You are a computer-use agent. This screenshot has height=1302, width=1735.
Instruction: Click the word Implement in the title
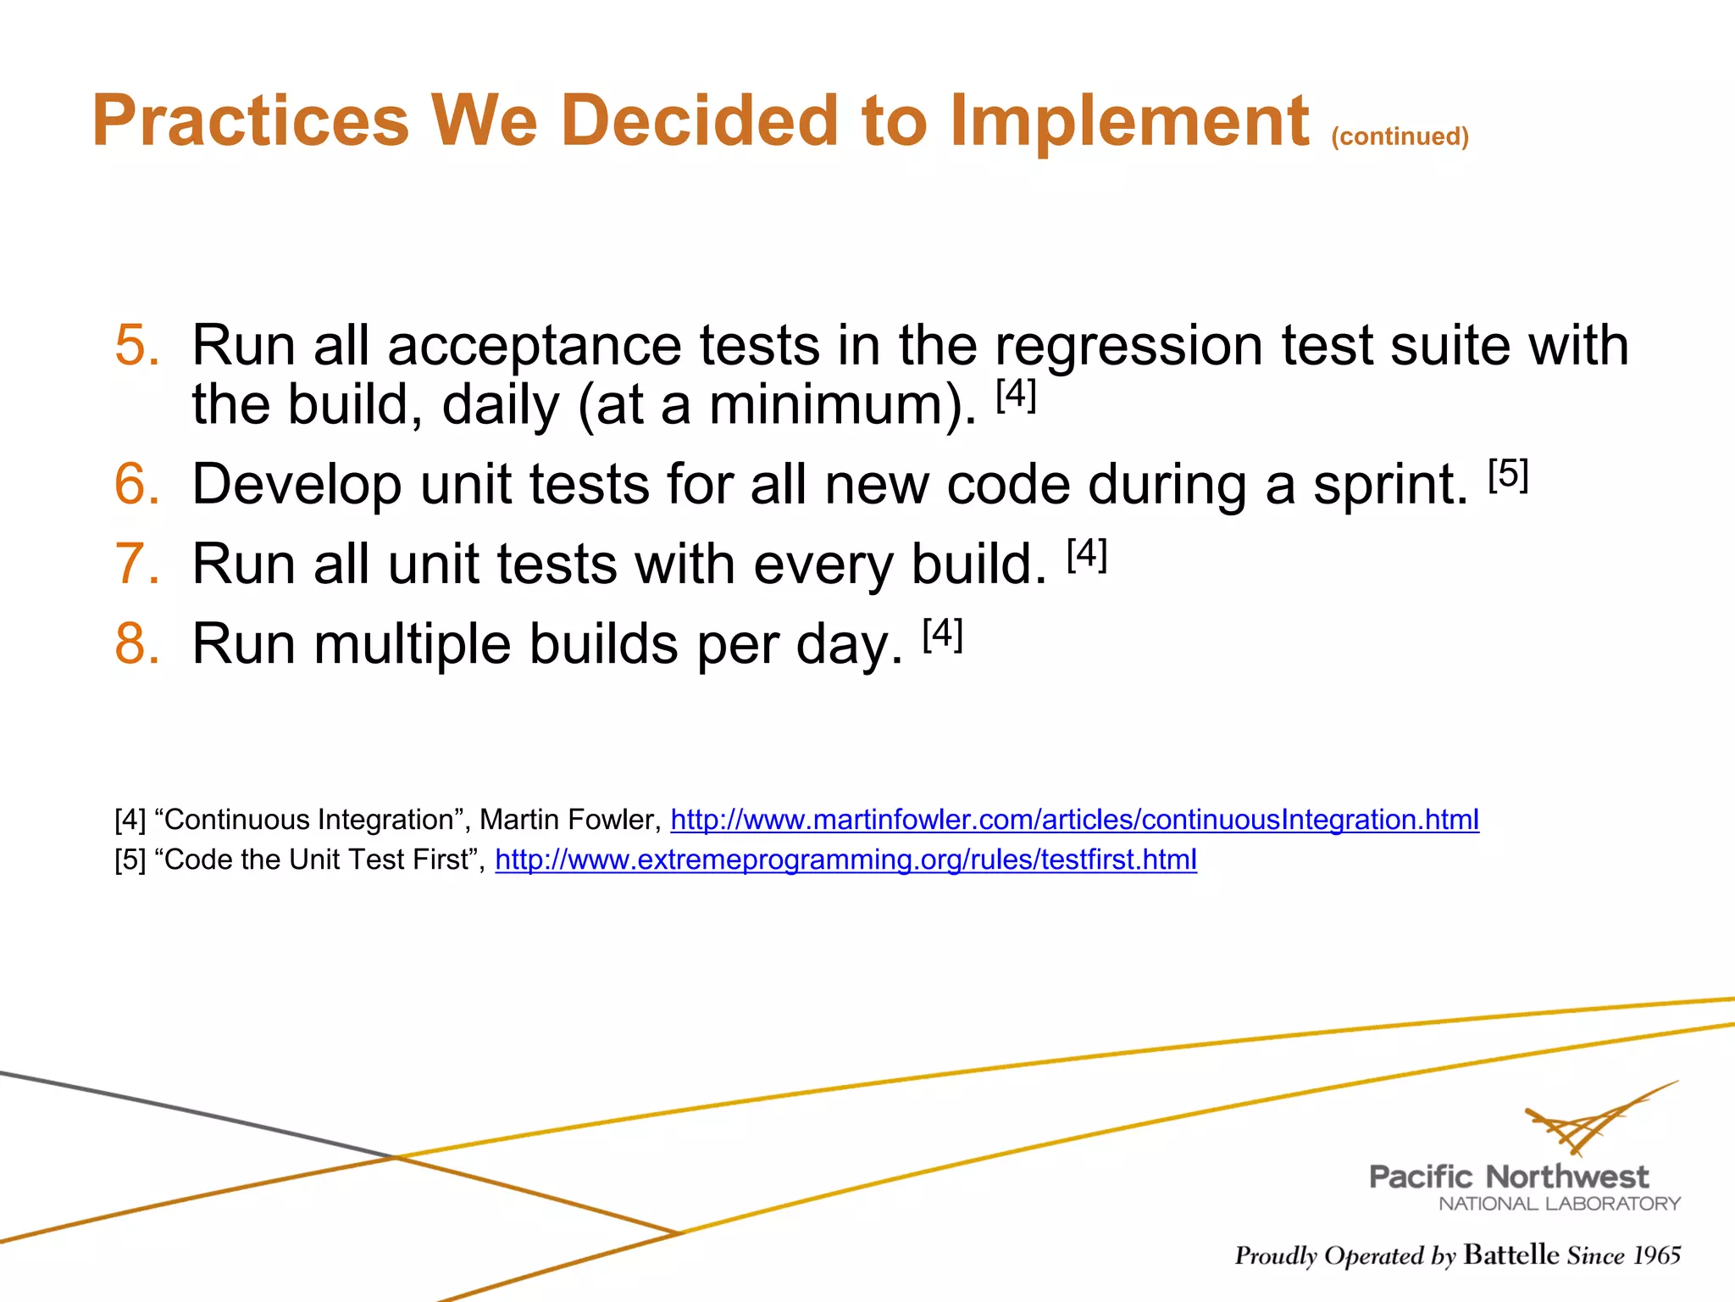(1129, 121)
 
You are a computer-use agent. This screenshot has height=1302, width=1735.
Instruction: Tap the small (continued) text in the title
(1400, 136)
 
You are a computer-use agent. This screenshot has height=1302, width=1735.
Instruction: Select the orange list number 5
(136, 346)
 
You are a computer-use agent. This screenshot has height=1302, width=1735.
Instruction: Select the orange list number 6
(136, 485)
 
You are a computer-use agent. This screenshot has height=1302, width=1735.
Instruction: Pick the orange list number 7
(136, 565)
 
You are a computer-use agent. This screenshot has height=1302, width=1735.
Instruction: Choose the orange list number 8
(136, 644)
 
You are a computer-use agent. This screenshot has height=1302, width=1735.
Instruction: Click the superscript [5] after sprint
(1508, 475)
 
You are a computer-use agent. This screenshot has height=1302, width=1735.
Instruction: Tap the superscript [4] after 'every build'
(1087, 555)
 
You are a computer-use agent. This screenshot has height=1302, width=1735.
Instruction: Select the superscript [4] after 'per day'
(942, 634)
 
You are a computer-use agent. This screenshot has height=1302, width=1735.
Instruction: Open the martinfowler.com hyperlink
(1074, 820)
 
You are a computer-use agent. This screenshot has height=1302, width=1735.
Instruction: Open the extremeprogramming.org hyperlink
(845, 860)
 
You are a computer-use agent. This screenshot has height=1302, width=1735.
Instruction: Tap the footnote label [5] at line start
(130, 860)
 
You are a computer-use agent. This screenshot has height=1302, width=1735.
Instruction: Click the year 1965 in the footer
(1656, 1255)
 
